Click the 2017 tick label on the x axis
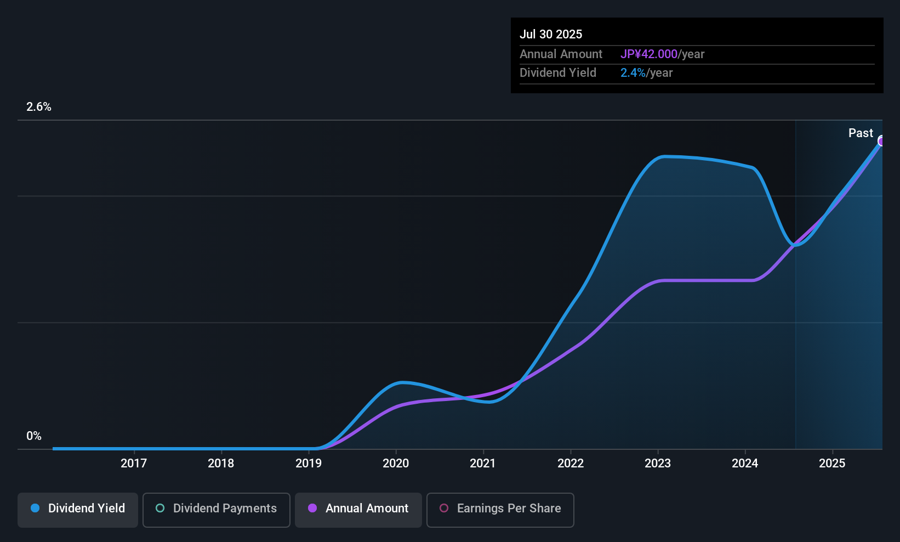click(x=134, y=463)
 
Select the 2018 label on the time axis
click(x=221, y=463)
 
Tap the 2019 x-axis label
click(x=309, y=463)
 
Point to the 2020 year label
click(x=396, y=463)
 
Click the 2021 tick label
click(x=483, y=463)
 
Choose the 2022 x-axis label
click(x=571, y=463)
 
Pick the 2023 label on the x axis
click(x=658, y=463)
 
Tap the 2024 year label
click(x=745, y=463)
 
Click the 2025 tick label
click(x=832, y=463)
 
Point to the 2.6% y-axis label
click(x=39, y=107)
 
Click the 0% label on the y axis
click(x=34, y=436)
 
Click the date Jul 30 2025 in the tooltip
click(x=551, y=34)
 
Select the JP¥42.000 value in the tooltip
click(x=649, y=54)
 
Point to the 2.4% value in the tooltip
click(x=633, y=73)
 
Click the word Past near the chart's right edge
click(x=861, y=133)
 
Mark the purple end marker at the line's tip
click(x=881, y=141)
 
